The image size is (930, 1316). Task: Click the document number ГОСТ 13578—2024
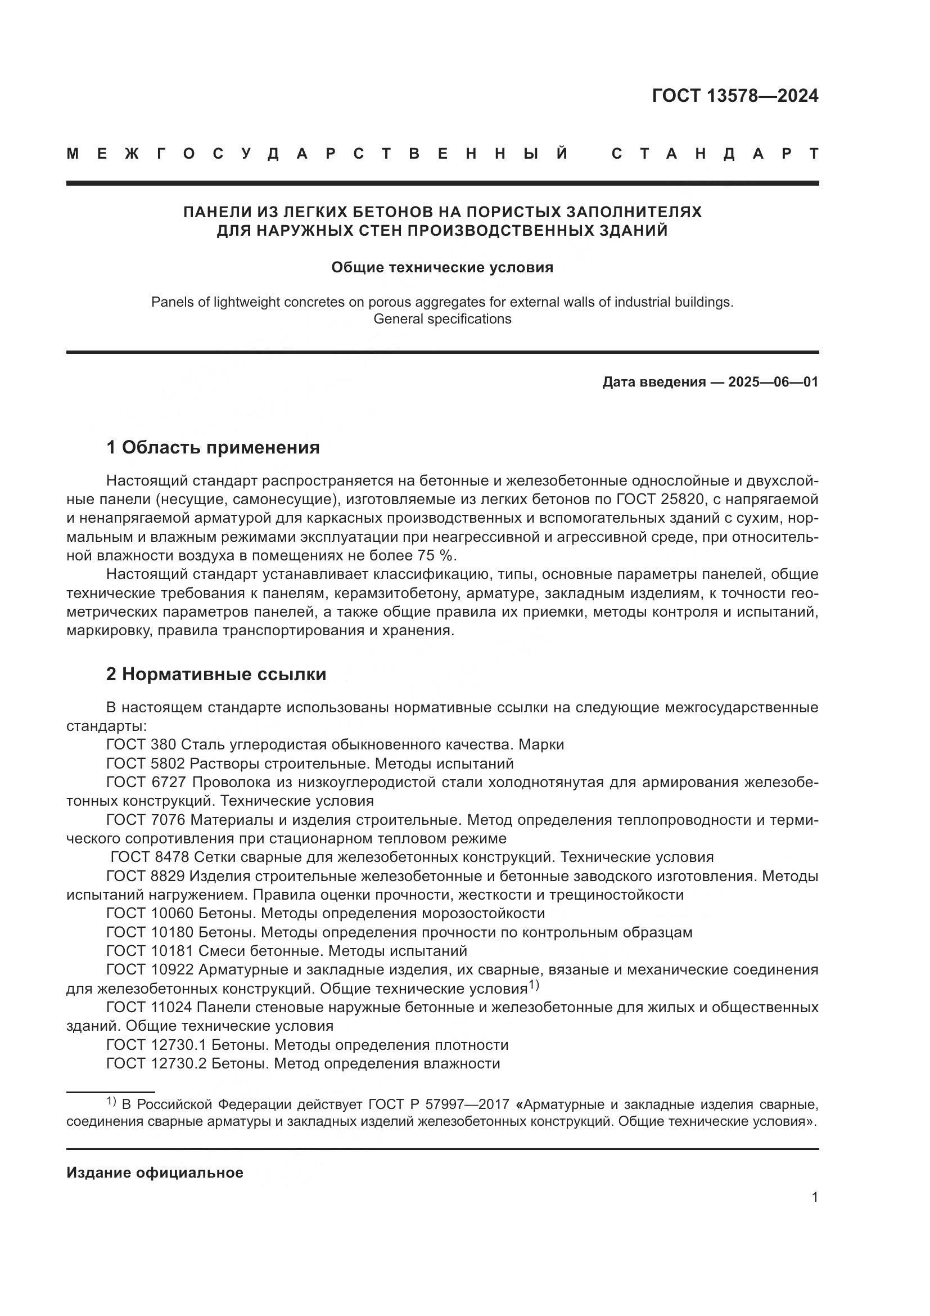click(735, 96)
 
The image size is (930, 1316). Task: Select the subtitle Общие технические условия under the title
click(442, 268)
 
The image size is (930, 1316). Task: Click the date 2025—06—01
click(773, 381)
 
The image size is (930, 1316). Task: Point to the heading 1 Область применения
click(213, 447)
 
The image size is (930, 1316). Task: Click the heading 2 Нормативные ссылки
click(216, 674)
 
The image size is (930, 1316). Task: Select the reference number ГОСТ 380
click(142, 744)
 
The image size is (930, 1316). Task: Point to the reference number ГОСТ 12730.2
click(156, 1063)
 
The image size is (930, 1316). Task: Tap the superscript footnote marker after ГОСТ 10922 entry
click(534, 985)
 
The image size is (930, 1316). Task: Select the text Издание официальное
click(155, 1173)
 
